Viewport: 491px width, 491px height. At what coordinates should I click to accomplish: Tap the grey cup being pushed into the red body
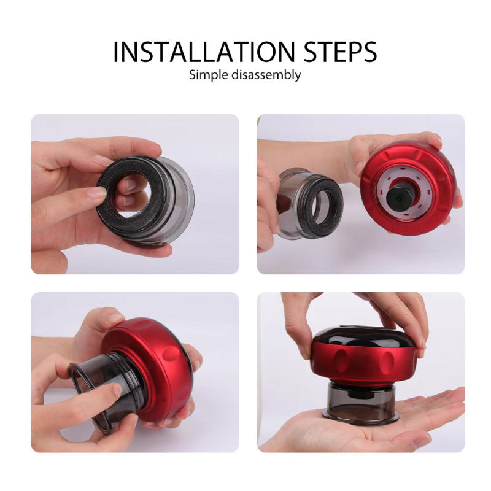coord(98,381)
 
